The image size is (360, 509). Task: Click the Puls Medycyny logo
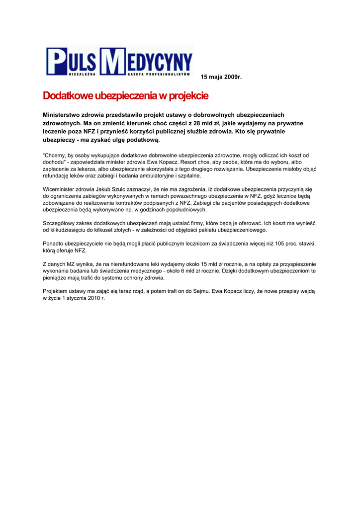tap(119, 62)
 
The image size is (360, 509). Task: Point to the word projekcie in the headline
tap(188, 95)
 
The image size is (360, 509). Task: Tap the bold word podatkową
tap(144, 140)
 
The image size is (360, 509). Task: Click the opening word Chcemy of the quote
tap(56, 156)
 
